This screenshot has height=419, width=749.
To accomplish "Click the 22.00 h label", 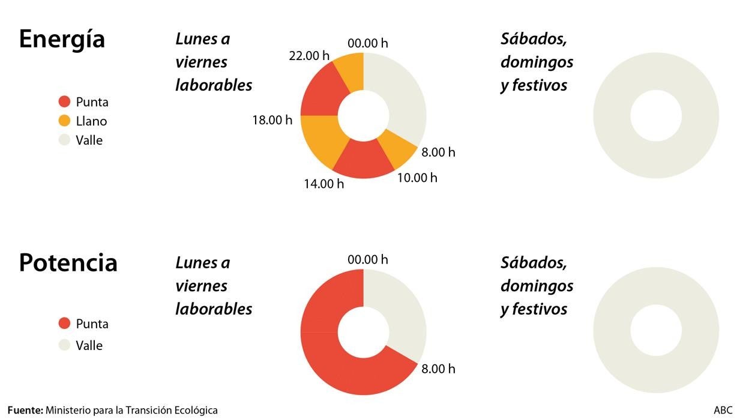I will tap(309, 56).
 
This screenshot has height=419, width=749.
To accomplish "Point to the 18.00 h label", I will tap(272, 119).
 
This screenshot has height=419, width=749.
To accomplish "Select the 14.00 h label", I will tap(323, 184).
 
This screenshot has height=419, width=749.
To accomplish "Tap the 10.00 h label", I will tap(417, 178).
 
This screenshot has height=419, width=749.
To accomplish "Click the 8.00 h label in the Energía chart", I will tap(438, 152).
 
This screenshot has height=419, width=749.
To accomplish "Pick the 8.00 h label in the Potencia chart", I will tap(438, 369).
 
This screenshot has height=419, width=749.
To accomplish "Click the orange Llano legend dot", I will tap(65, 121).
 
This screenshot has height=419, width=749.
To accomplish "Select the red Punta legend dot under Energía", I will tap(65, 102).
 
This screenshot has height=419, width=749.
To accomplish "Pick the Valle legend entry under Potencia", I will tap(82, 346).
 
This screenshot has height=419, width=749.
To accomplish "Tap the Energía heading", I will tap(62, 40).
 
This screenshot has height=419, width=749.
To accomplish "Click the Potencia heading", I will tap(68, 263).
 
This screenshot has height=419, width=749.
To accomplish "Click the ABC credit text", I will tap(723, 411).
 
